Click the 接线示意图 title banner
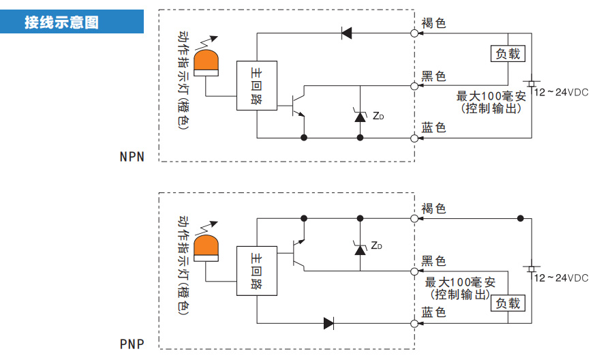pos(72,22)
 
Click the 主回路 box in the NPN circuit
pos(257,86)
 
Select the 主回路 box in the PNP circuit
pos(257,271)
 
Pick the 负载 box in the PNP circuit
pos(508,303)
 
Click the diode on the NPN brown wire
pos(346,32)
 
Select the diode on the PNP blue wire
pos(329,322)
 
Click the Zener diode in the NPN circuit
pos(360,116)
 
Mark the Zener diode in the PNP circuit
pos(360,248)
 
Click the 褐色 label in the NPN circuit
pos(433,23)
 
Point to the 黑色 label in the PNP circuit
pos(433,260)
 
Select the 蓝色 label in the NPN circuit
pos(433,127)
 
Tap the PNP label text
pos(132,344)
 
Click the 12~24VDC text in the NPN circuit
pos(561,91)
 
